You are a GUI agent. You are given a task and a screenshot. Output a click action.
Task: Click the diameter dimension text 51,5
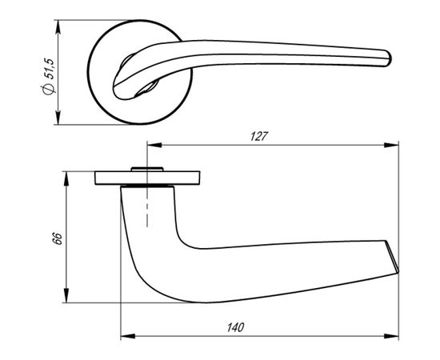(x=49, y=69)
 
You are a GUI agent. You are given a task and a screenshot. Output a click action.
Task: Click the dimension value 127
(x=259, y=136)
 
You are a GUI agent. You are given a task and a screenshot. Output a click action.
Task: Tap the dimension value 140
(x=236, y=327)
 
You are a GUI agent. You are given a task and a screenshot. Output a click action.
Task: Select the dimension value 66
(x=58, y=238)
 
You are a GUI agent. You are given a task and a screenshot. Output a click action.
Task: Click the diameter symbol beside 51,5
(x=48, y=89)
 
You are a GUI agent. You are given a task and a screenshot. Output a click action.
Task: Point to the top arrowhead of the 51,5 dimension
(x=58, y=27)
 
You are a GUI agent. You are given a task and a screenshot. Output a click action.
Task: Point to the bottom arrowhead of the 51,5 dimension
(x=58, y=118)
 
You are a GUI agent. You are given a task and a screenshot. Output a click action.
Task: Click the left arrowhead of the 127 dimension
(x=154, y=145)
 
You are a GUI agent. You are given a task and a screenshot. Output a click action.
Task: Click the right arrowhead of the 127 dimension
(x=391, y=145)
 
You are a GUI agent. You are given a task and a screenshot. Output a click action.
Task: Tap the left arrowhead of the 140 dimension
(x=128, y=336)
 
